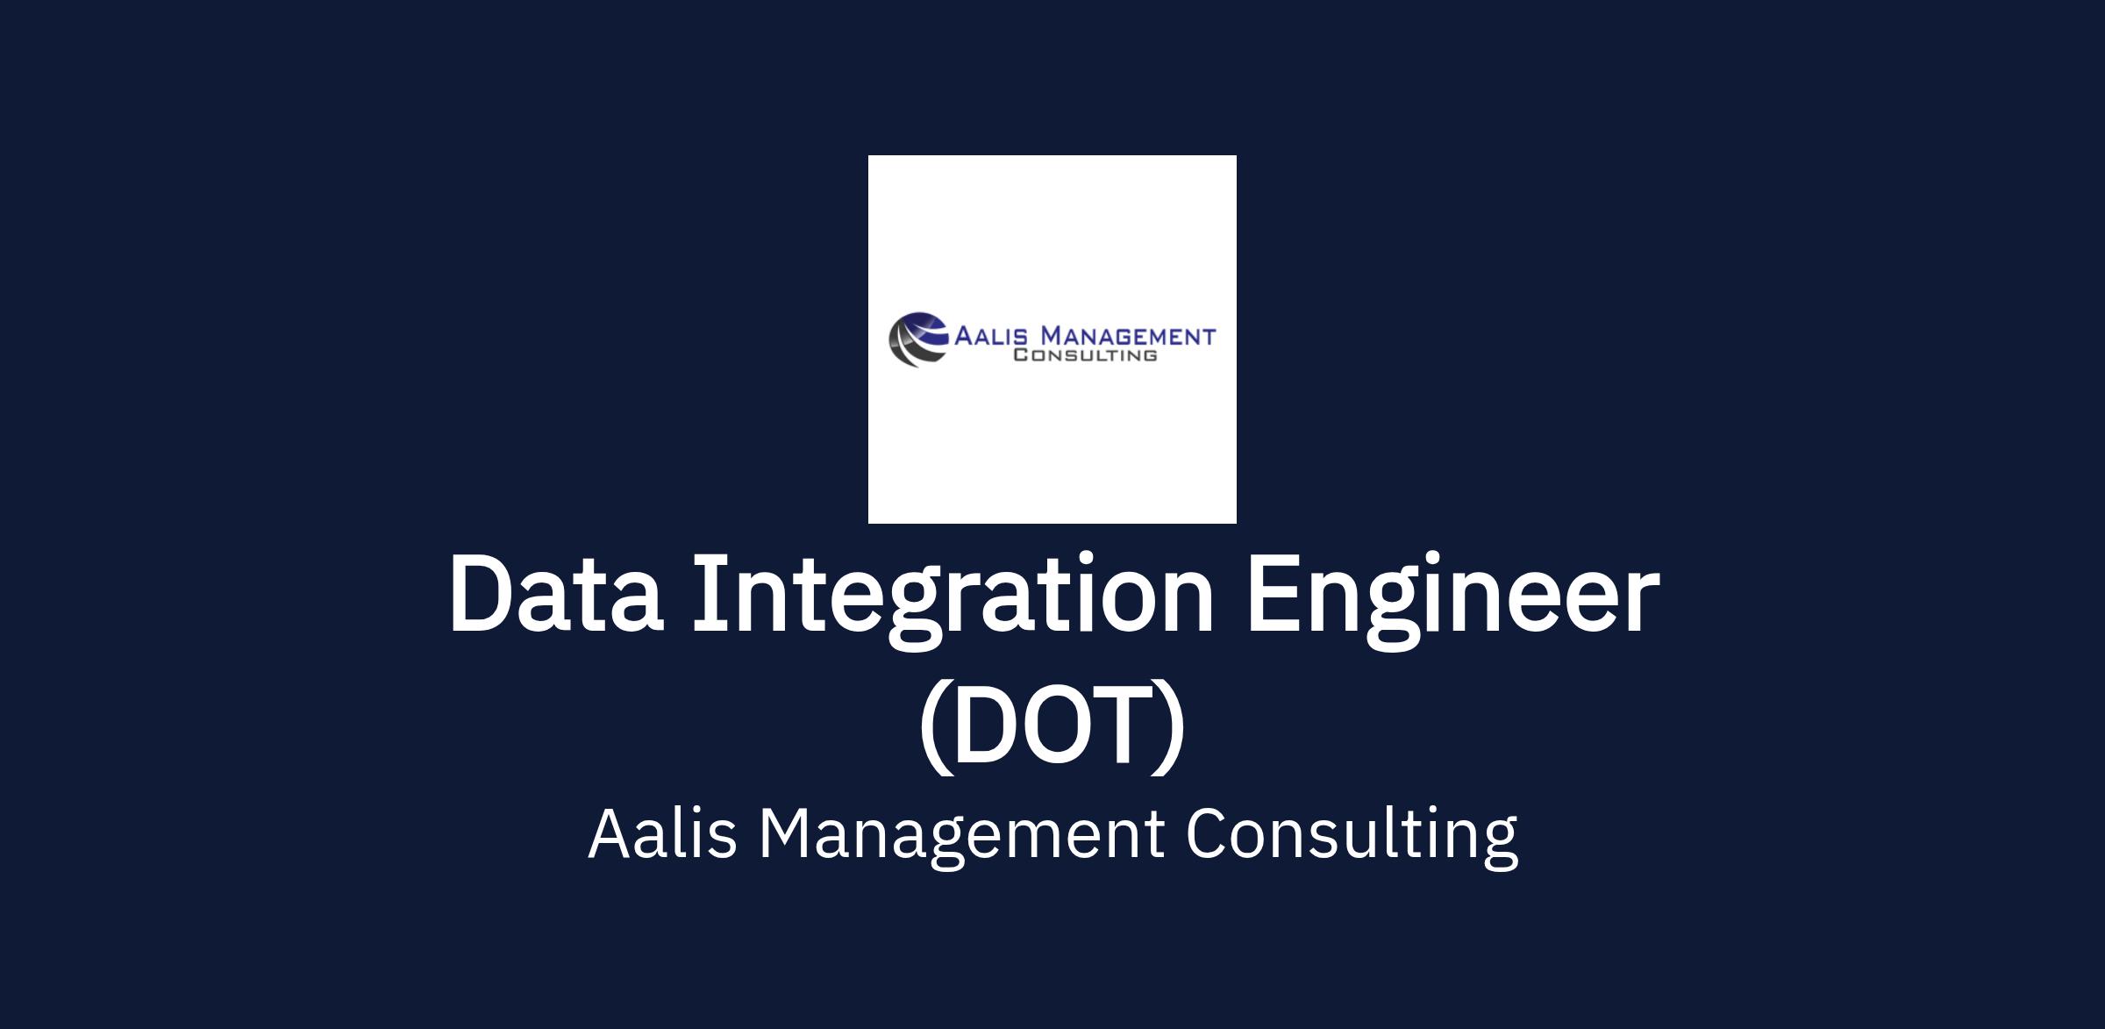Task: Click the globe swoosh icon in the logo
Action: point(918,339)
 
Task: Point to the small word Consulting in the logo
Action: point(1085,355)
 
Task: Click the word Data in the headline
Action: point(555,593)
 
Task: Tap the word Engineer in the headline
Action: point(1453,600)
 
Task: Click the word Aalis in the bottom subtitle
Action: point(662,832)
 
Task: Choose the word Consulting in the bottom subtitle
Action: point(1352,836)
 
